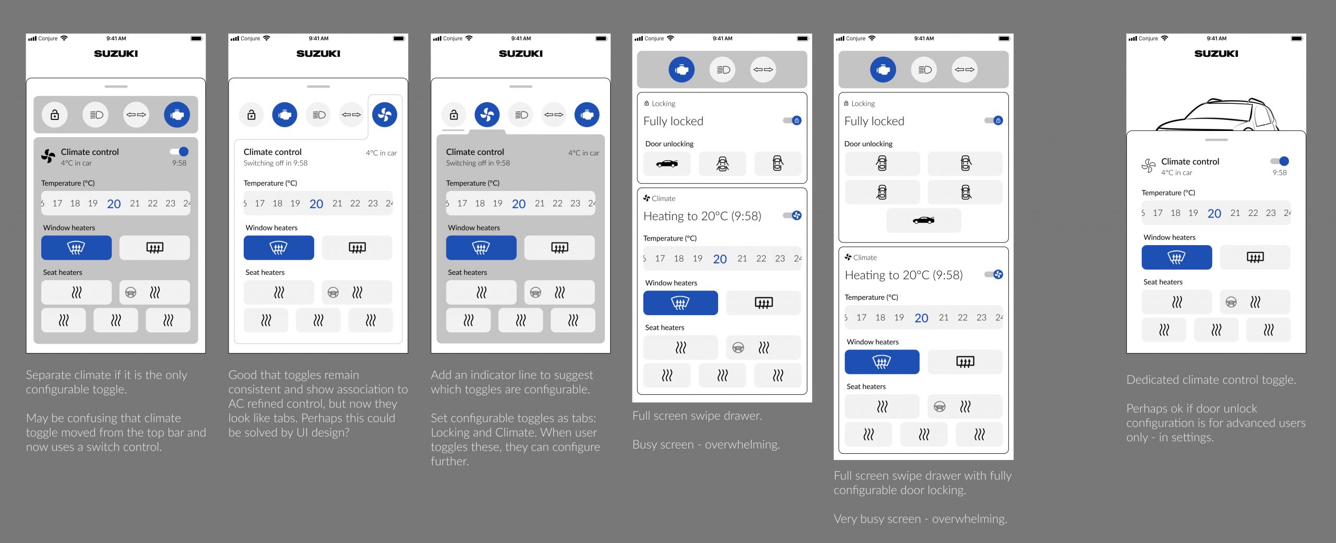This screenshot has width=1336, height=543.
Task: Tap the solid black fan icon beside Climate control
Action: click(x=48, y=156)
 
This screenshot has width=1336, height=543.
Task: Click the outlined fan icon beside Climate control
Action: click(x=1148, y=165)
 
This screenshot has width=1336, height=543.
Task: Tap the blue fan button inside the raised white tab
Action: click(x=385, y=115)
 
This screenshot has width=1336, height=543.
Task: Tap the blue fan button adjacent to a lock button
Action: click(x=487, y=115)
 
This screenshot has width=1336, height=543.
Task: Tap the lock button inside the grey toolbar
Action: click(x=55, y=115)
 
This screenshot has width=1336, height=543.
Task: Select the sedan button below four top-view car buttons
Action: click(x=923, y=220)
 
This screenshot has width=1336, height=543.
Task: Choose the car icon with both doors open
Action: click(x=722, y=164)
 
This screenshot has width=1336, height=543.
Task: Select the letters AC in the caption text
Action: click(x=236, y=404)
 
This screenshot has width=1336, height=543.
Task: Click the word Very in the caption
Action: click(x=845, y=519)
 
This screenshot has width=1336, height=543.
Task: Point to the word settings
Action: click(x=1191, y=437)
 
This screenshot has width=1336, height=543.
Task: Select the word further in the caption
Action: click(x=449, y=461)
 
